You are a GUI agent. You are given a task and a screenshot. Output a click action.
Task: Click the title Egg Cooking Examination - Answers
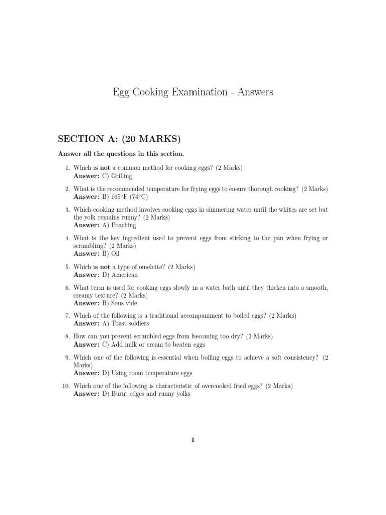[193, 92]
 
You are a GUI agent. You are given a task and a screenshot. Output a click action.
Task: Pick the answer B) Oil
[111, 254]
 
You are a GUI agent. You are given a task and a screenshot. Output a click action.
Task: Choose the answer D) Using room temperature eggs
[147, 373]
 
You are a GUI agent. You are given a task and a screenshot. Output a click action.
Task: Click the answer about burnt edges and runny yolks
[146, 394]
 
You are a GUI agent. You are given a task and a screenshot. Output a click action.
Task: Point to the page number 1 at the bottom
[193, 440]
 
